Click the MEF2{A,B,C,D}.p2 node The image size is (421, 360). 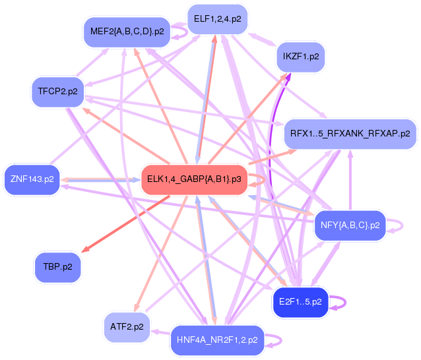pos(127,32)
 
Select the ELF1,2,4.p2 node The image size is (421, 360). pos(217,19)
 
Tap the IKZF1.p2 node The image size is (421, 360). pos(300,57)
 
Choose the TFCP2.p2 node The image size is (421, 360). pos(57,92)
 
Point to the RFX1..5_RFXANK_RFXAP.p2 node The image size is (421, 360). pos(350,133)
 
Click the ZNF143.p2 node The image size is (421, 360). pos(32,178)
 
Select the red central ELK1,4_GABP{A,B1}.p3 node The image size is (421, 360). pos(194,179)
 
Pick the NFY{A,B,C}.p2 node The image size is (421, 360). pos(350,225)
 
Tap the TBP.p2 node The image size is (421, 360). pos(57,267)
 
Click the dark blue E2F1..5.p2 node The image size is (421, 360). pos(300,301)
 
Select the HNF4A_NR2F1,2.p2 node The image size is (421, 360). pos(217,340)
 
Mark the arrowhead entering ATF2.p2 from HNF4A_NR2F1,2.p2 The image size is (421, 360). pos(156,333)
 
